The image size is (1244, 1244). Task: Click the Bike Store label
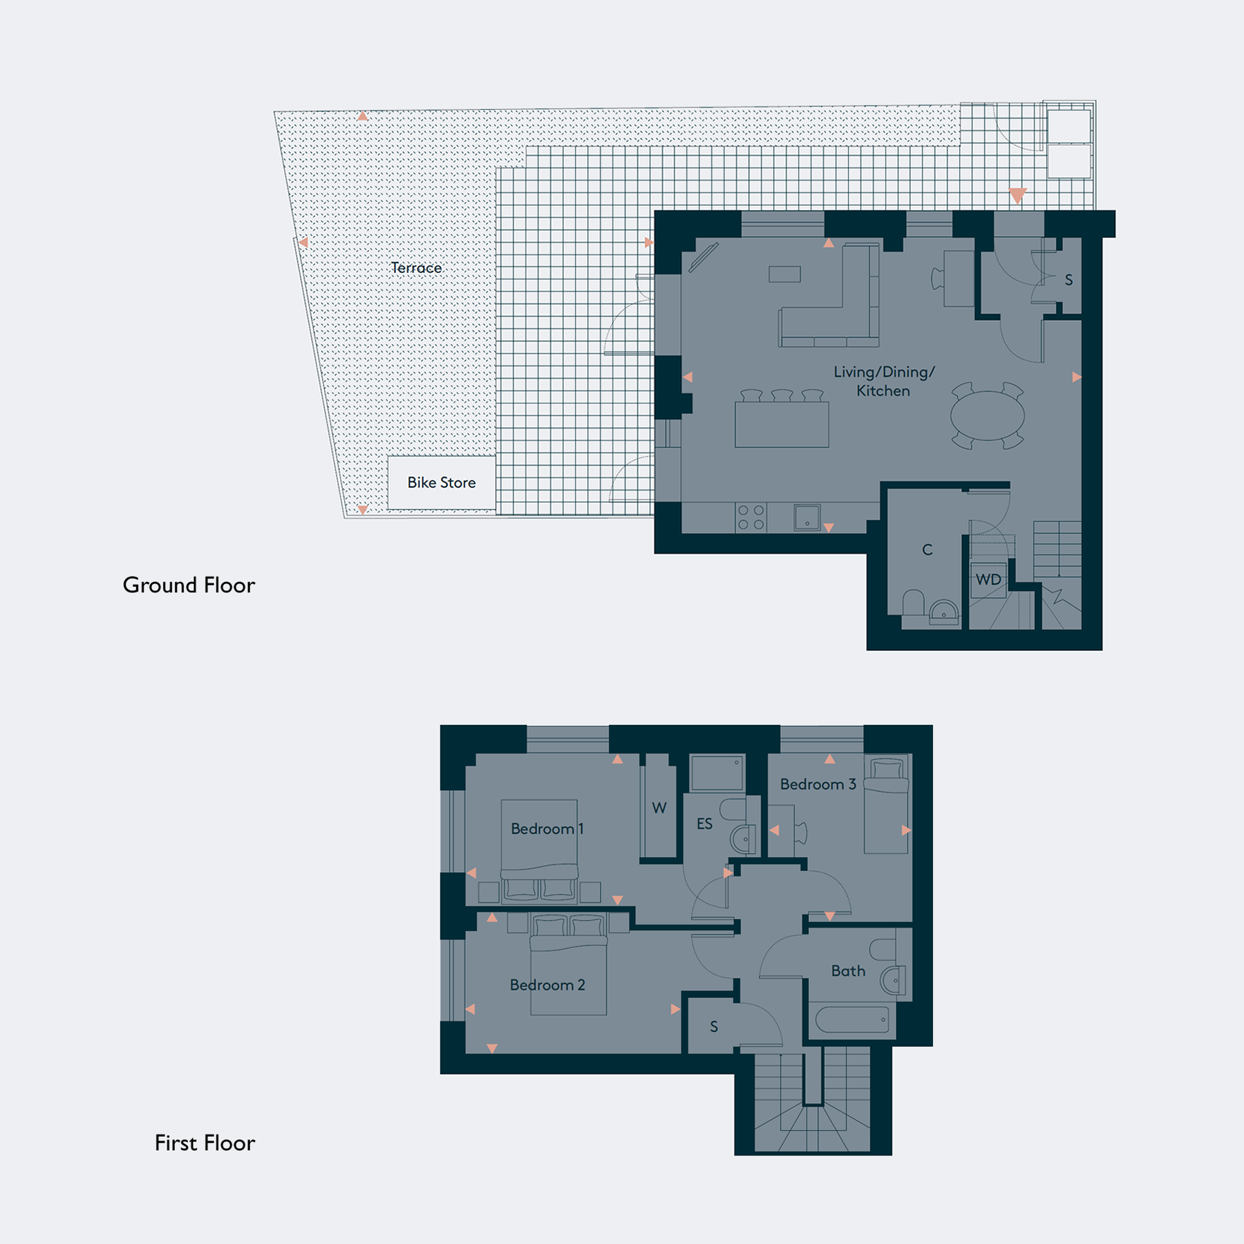point(442,482)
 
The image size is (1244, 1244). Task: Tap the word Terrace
point(416,267)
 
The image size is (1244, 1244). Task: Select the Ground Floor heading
point(189,585)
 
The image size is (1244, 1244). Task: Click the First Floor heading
point(205,1143)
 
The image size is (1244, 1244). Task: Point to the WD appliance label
point(988,579)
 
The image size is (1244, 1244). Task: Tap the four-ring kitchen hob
point(751,518)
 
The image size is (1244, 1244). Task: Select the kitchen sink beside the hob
point(807,518)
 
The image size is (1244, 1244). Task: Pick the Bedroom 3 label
point(818,784)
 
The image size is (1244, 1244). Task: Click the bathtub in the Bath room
point(852,1019)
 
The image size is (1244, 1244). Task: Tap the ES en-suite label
point(704,824)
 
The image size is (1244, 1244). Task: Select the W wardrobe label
point(659,808)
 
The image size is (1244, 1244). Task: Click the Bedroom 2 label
point(547,985)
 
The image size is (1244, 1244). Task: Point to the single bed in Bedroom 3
point(887,804)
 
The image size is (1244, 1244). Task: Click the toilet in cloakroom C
point(913,601)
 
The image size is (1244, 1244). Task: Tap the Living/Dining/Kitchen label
point(884,381)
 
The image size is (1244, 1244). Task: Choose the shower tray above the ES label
point(717,773)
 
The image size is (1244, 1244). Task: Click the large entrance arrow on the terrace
point(1017,196)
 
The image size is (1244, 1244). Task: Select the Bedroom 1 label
point(547,829)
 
